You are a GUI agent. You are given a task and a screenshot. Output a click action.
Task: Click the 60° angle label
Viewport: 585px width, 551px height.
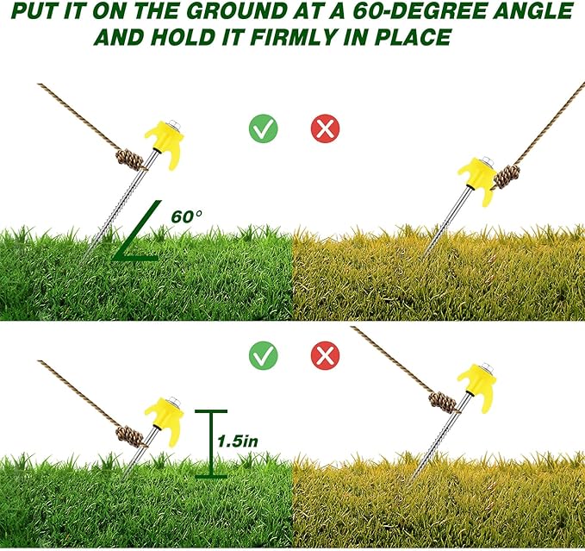[187, 216]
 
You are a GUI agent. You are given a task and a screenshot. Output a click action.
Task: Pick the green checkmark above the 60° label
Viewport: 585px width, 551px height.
[263, 129]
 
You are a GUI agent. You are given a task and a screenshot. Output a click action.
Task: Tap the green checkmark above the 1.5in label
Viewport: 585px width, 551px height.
[263, 354]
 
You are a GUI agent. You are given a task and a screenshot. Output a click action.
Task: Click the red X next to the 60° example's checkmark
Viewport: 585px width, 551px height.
[325, 129]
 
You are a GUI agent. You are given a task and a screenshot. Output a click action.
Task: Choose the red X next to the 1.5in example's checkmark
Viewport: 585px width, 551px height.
[325, 354]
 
